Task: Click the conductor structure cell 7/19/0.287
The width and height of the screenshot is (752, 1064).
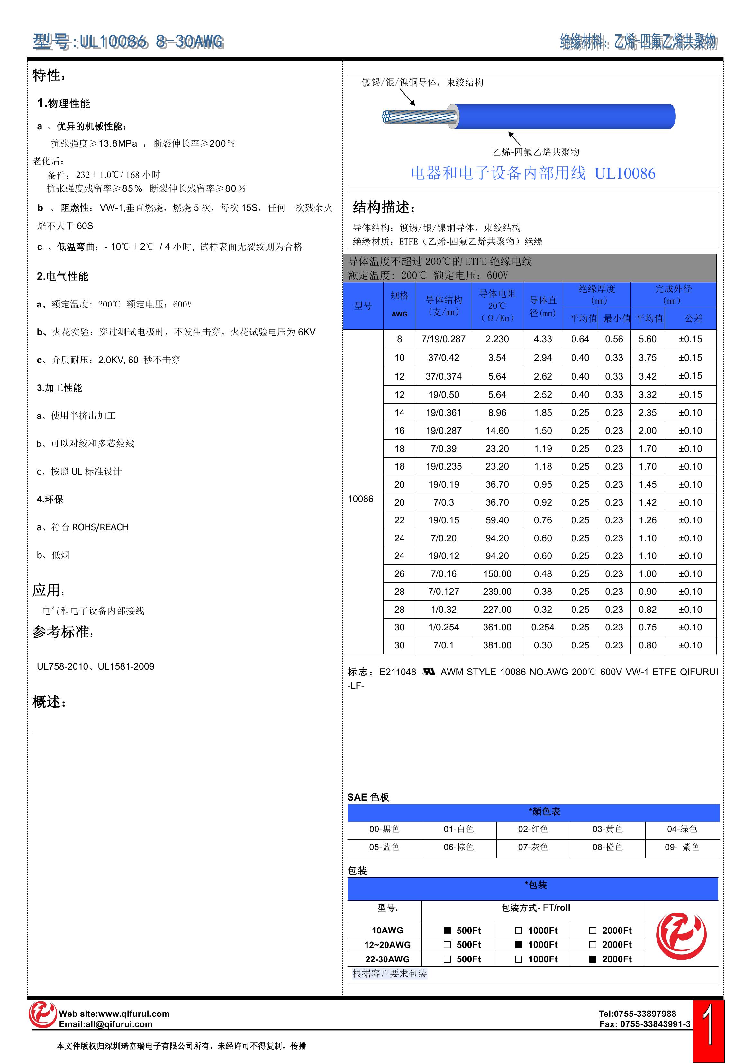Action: (443, 339)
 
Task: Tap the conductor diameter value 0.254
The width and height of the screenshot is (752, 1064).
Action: (543, 627)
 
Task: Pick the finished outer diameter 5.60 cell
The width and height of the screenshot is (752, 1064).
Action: (647, 339)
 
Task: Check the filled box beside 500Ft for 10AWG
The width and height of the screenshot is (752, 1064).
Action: (447, 930)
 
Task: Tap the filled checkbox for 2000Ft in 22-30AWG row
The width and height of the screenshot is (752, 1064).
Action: (593, 959)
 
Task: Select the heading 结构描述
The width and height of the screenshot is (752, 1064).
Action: (384, 207)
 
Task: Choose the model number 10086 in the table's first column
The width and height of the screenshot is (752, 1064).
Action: (360, 499)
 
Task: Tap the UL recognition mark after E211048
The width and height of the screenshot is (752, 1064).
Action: (429, 672)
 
